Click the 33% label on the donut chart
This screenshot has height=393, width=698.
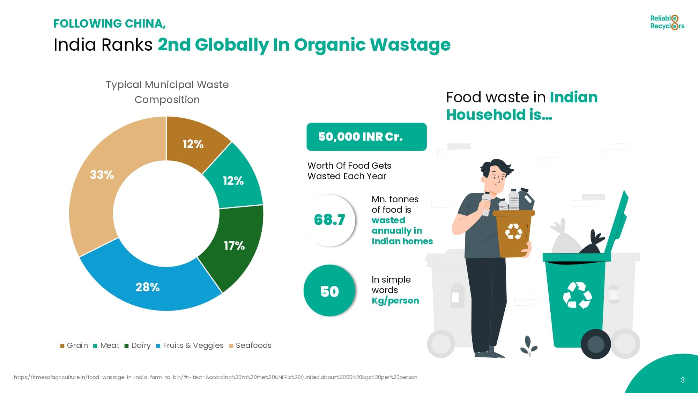tap(102, 175)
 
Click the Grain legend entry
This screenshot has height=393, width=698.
tap(74, 345)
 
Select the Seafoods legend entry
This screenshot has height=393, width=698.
tap(250, 345)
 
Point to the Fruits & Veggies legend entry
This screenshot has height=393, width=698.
tap(190, 345)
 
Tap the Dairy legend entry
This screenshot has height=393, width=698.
tap(138, 345)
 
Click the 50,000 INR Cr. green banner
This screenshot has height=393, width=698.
tap(366, 137)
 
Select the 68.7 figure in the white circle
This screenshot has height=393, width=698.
tap(329, 220)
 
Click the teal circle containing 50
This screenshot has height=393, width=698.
tap(329, 291)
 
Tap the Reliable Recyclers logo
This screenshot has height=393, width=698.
tap(667, 22)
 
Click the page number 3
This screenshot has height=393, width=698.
tap(683, 380)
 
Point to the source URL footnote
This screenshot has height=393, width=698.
tap(216, 377)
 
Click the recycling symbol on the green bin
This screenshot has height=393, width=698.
tap(577, 296)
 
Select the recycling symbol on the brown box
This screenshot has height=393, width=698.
tap(514, 231)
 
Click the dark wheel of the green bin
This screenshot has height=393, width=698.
tap(596, 344)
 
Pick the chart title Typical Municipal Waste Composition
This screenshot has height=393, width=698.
tap(167, 92)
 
